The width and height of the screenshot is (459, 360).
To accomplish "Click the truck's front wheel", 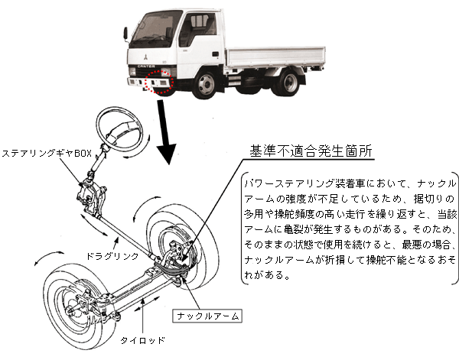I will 206,82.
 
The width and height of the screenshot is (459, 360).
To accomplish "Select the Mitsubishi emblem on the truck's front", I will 144,54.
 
